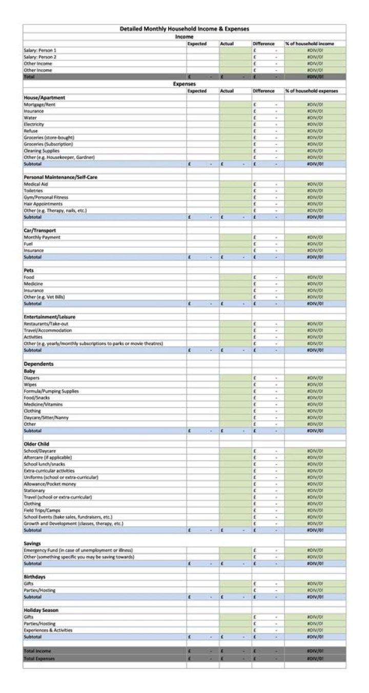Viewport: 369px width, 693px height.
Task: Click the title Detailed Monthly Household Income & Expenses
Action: (184, 29)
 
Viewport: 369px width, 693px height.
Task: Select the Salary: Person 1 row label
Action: (40, 50)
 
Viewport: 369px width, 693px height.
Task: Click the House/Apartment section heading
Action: (45, 97)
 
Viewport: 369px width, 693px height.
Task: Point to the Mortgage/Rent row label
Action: (39, 104)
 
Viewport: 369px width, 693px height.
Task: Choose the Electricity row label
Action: (34, 124)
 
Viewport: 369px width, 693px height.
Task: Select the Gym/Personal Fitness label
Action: (46, 197)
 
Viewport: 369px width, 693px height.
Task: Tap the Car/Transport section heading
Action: (40, 231)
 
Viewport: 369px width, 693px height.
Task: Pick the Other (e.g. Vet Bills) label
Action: (45, 297)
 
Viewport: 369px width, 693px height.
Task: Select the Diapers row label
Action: (31, 378)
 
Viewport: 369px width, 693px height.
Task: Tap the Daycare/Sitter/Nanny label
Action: (46, 417)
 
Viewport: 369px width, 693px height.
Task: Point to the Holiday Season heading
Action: (41, 610)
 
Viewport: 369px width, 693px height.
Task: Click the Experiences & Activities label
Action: (48, 630)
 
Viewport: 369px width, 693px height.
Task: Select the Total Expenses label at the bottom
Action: (39, 658)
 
